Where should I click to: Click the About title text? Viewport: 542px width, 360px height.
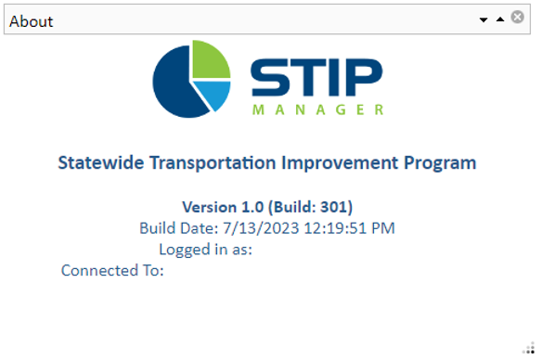pyautogui.click(x=32, y=21)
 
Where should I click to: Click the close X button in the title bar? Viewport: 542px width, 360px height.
pyautogui.click(x=518, y=18)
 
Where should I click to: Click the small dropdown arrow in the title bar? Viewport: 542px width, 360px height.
pyautogui.click(x=484, y=19)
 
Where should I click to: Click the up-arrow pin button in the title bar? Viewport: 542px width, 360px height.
pyautogui.click(x=500, y=19)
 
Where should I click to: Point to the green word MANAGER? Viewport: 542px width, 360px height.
pyautogui.click(x=317, y=110)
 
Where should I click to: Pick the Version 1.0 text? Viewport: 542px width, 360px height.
pyautogui.click(x=222, y=207)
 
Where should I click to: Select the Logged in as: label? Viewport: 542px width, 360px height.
pyautogui.click(x=206, y=250)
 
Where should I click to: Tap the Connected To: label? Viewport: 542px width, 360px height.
pyautogui.click(x=112, y=271)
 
